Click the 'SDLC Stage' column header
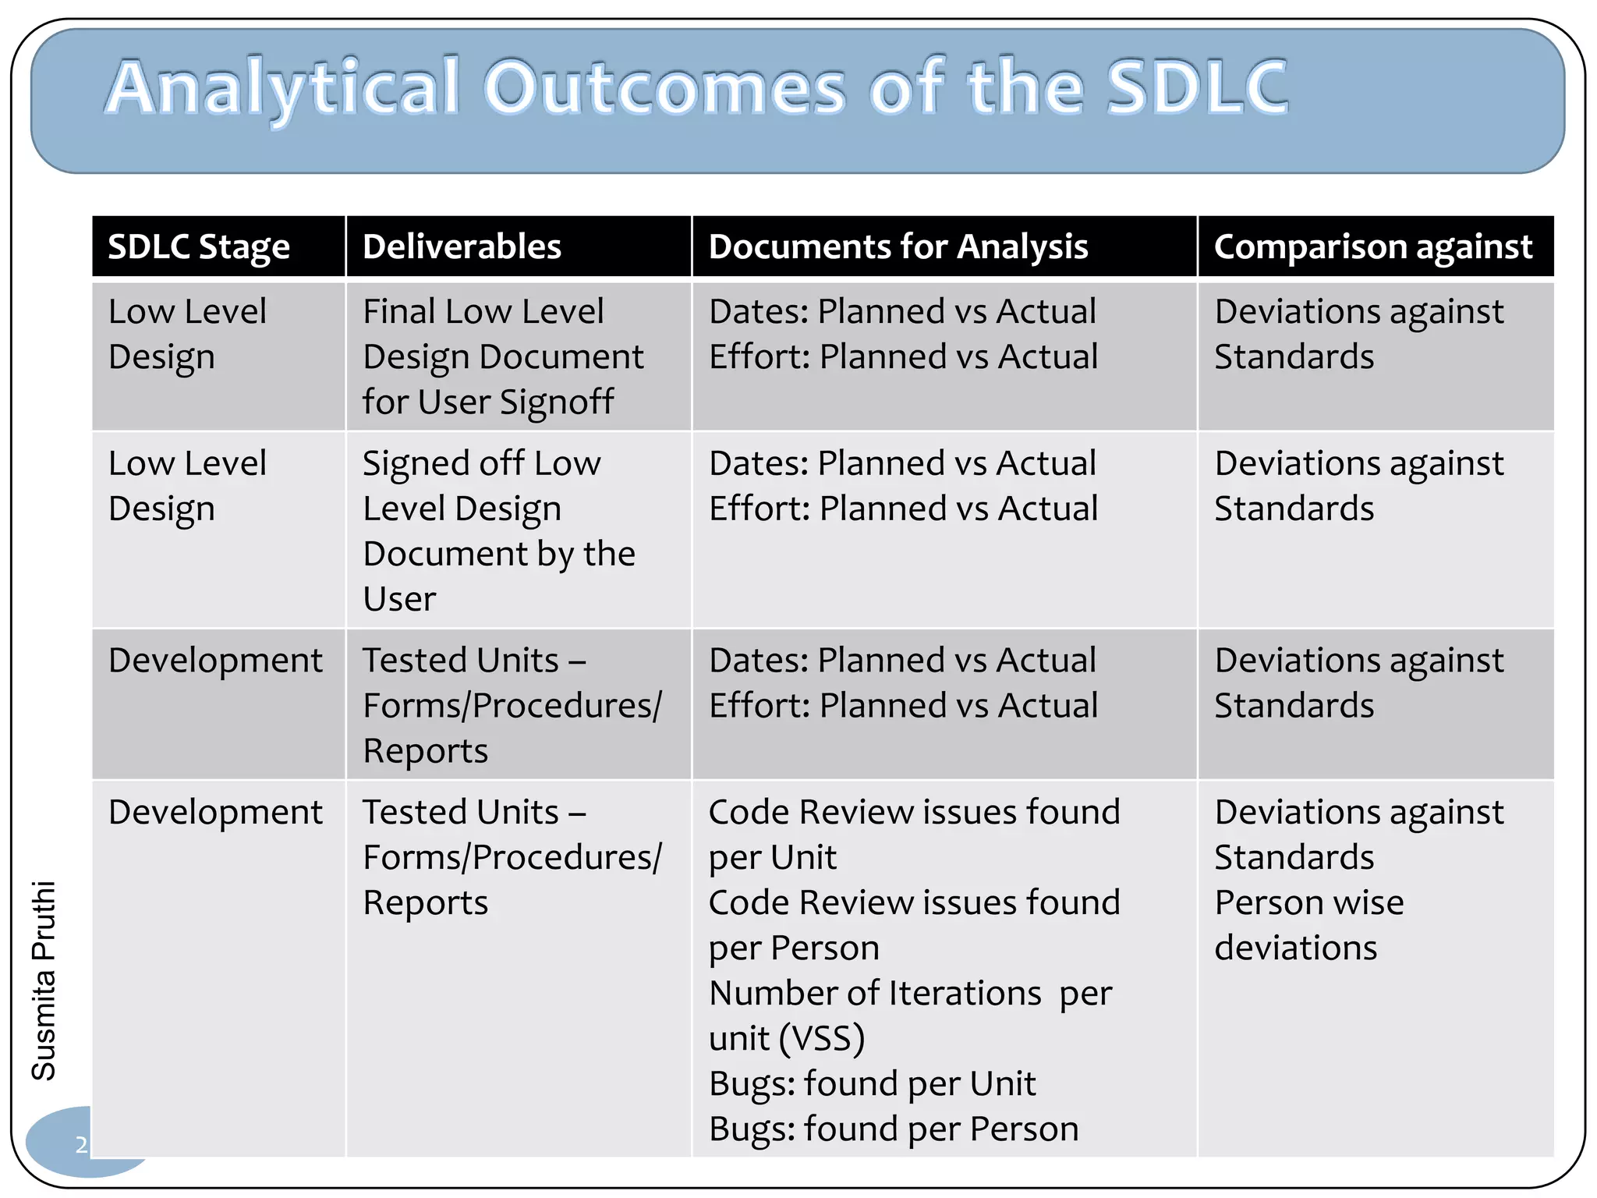point(199,247)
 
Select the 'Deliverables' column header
point(462,247)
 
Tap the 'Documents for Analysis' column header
point(898,247)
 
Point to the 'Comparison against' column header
point(1373,247)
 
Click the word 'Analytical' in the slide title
point(282,87)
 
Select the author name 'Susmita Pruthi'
point(44,980)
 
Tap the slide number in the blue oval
point(81,1145)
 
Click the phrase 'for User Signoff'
point(488,402)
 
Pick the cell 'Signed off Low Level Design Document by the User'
point(499,530)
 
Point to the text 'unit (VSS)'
point(787,1039)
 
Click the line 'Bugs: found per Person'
point(894,1129)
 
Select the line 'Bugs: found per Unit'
point(872,1084)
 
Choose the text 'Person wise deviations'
point(1309,925)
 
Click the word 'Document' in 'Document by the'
point(441,555)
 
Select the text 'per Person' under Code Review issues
point(794,948)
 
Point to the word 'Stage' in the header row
point(244,247)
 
